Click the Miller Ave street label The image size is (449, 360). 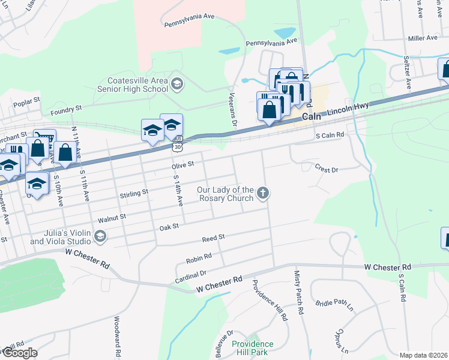(x=423, y=38)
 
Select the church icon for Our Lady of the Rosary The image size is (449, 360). (x=262, y=193)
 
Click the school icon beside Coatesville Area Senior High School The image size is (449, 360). (x=176, y=83)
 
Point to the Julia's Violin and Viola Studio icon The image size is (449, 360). (x=100, y=237)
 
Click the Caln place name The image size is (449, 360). (x=313, y=116)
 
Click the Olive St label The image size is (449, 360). (x=183, y=164)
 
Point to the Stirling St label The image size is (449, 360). (x=134, y=193)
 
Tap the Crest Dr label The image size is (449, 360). (x=327, y=170)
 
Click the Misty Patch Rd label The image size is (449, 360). (x=298, y=293)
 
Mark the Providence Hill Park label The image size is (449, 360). (x=252, y=348)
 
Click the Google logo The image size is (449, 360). (x=19, y=353)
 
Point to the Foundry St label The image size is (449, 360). (x=66, y=109)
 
